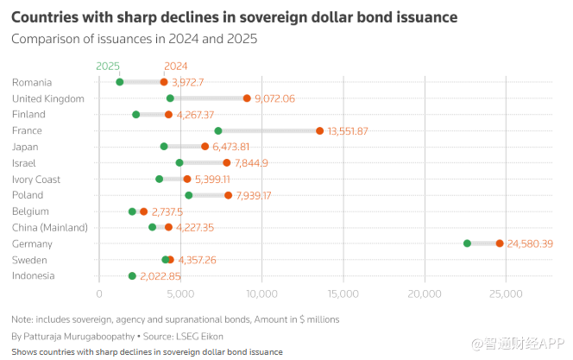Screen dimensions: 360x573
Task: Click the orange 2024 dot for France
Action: click(319, 130)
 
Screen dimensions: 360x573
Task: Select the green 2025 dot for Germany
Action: click(468, 243)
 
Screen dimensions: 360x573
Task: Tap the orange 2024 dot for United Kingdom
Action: click(247, 98)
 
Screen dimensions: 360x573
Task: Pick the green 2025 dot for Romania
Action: click(120, 82)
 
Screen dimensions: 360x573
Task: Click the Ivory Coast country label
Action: click(36, 179)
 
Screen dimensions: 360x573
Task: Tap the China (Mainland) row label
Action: click(50, 227)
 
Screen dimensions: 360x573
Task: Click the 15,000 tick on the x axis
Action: click(343, 295)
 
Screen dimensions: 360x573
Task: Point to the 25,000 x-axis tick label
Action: click(507, 295)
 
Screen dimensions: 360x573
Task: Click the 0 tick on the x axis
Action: click(99, 295)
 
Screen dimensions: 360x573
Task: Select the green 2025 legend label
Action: click(108, 66)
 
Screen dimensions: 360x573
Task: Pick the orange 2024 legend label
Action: click(175, 66)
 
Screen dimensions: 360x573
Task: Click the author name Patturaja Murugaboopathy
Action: click(76, 335)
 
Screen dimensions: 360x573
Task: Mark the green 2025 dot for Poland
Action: click(189, 195)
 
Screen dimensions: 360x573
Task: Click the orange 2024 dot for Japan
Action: click(205, 147)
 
